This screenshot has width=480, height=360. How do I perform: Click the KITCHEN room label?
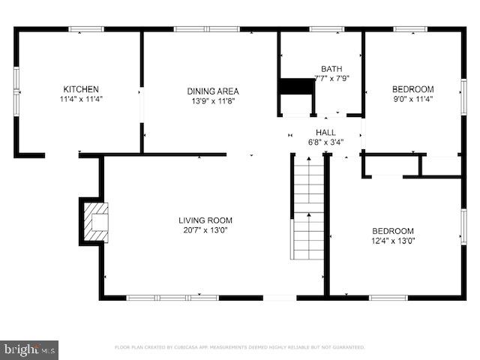(x=80, y=89)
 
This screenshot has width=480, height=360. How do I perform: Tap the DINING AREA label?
(x=212, y=91)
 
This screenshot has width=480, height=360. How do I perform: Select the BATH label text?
(x=331, y=68)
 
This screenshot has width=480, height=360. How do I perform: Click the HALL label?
(x=325, y=132)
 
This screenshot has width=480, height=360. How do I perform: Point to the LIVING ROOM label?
(x=205, y=220)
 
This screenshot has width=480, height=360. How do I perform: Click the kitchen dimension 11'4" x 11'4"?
(x=80, y=99)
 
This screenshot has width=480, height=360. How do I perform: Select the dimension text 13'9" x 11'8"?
(x=212, y=101)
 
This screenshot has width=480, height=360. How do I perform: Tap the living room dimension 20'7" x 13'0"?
(x=205, y=230)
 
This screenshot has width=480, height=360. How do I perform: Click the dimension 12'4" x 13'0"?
(x=393, y=241)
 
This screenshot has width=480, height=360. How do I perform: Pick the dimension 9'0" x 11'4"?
(x=412, y=98)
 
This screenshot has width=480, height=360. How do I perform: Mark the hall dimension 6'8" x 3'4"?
(x=325, y=142)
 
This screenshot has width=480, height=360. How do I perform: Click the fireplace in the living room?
(x=95, y=221)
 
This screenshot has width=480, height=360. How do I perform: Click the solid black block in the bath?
(x=295, y=86)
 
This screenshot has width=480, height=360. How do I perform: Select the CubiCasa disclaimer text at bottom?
(x=239, y=347)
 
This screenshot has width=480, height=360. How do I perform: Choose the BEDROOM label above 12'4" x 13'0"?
(x=393, y=231)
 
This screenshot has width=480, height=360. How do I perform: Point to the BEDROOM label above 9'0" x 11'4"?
(x=412, y=88)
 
